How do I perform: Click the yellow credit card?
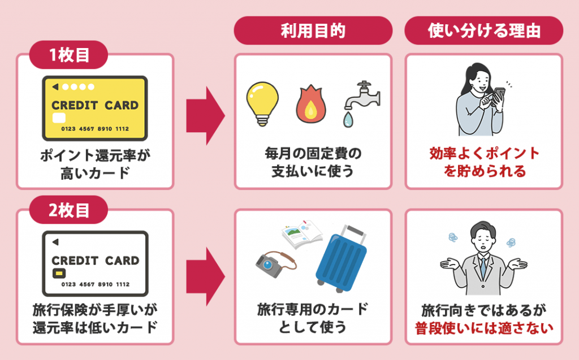pyautogui.click(x=94, y=108)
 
